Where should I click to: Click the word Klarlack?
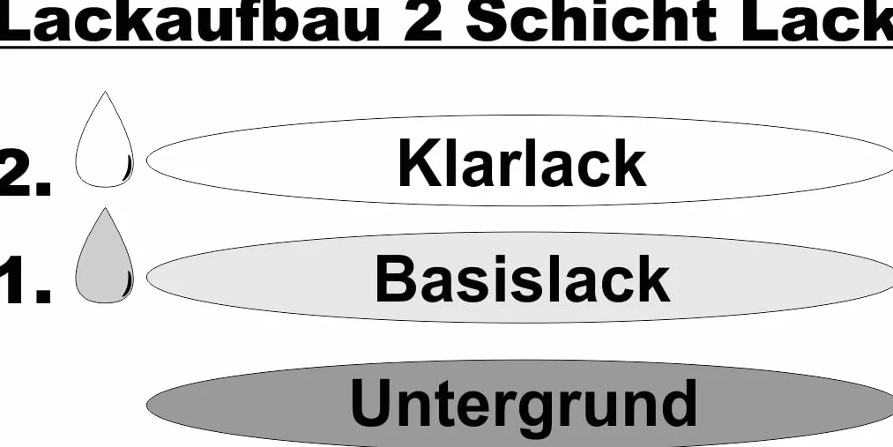point(522,163)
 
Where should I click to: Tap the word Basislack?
point(522,279)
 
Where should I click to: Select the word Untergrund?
point(524,404)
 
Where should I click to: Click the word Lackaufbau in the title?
point(190,21)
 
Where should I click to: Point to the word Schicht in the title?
point(591,21)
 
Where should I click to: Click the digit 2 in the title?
point(422,21)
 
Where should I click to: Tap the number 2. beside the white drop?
point(26,173)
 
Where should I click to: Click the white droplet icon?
point(105,139)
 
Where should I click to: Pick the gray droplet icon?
point(105,256)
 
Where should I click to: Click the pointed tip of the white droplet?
point(105,92)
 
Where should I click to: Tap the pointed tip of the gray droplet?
point(105,208)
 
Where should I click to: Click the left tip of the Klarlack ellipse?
point(147,160)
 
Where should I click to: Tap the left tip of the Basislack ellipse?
point(147,278)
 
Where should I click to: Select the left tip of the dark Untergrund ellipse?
point(147,406)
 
